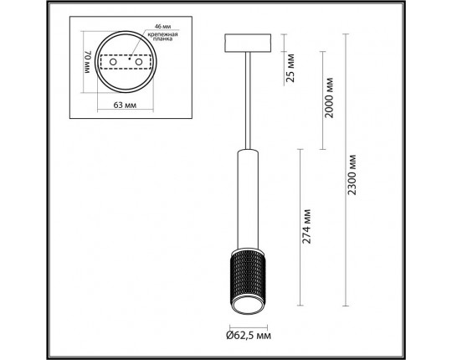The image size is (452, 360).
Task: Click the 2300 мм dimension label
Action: coord(352,175)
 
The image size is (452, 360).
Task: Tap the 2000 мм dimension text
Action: coord(329,98)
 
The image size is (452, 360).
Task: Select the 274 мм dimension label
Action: coord(306,227)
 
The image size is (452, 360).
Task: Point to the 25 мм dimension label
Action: coord(290,68)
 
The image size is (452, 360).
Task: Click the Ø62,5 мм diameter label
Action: coord(249,336)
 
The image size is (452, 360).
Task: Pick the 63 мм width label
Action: coord(125,105)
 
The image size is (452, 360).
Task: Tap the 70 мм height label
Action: coord(88,62)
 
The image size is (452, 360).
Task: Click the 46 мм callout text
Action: coord(163,26)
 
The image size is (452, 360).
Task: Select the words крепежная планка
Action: coord(163,37)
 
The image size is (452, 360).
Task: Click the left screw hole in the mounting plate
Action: coord(113,62)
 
